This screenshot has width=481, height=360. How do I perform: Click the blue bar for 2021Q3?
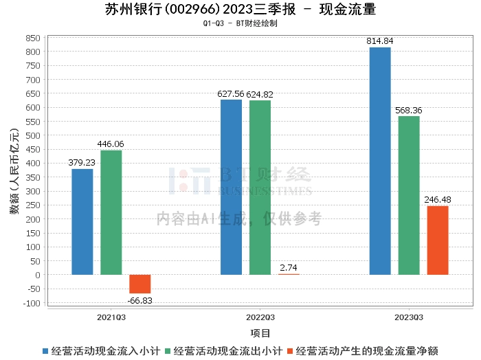point(82,222)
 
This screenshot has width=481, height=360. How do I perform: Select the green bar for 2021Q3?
point(111,212)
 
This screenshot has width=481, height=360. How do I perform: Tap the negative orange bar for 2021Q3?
point(140,284)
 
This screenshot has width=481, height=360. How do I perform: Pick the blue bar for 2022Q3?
point(231,187)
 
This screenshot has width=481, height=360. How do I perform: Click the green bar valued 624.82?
point(260,188)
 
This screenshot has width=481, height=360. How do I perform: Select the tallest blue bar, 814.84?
point(380,161)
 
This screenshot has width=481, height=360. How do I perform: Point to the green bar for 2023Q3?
point(409,195)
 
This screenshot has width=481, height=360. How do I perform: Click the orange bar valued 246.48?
point(438,240)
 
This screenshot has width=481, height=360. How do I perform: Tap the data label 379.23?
point(82,163)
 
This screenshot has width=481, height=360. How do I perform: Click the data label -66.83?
point(140,300)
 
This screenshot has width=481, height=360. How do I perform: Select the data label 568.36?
point(409,110)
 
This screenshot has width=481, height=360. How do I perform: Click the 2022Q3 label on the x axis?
point(260,317)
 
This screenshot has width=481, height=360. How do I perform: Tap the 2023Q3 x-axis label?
point(409,317)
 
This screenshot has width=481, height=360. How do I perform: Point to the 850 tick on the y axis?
point(33,37)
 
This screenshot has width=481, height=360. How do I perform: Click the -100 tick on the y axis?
point(32,303)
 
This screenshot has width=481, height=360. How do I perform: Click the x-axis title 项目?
point(260,333)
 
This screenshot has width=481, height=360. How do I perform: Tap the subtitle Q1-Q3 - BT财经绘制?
point(240,23)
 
